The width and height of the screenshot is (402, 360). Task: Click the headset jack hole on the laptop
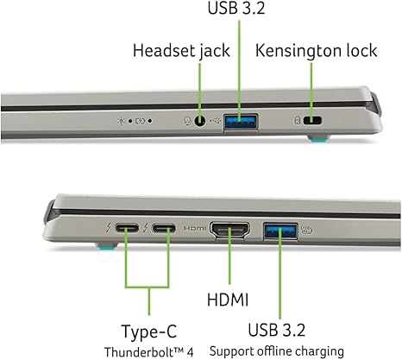200,121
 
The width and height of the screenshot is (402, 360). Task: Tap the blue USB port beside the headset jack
241,122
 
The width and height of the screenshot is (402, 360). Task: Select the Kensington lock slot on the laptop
312,120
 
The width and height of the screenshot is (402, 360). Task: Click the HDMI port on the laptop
230,230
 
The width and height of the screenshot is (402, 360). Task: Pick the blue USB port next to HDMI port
280,231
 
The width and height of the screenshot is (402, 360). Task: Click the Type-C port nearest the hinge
127,229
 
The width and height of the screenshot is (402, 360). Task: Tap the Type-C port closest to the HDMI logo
163,229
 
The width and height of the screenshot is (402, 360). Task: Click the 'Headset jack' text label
181,51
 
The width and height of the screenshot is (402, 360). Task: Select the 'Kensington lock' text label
317,51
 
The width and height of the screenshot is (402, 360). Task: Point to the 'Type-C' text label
149,332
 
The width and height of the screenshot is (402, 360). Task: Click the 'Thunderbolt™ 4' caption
148,352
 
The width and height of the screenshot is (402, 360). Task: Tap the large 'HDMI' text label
228,300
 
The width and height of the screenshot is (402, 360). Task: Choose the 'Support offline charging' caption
277,351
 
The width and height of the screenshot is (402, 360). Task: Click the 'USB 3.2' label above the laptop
236,8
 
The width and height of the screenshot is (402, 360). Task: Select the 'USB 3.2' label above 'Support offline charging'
277,330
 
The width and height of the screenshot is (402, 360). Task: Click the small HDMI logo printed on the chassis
195,228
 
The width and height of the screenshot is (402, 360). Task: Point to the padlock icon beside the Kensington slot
298,120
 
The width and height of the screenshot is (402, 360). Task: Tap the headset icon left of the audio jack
187,121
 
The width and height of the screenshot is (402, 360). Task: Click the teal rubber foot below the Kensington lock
318,139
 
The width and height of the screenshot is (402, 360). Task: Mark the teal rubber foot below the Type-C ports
107,246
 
